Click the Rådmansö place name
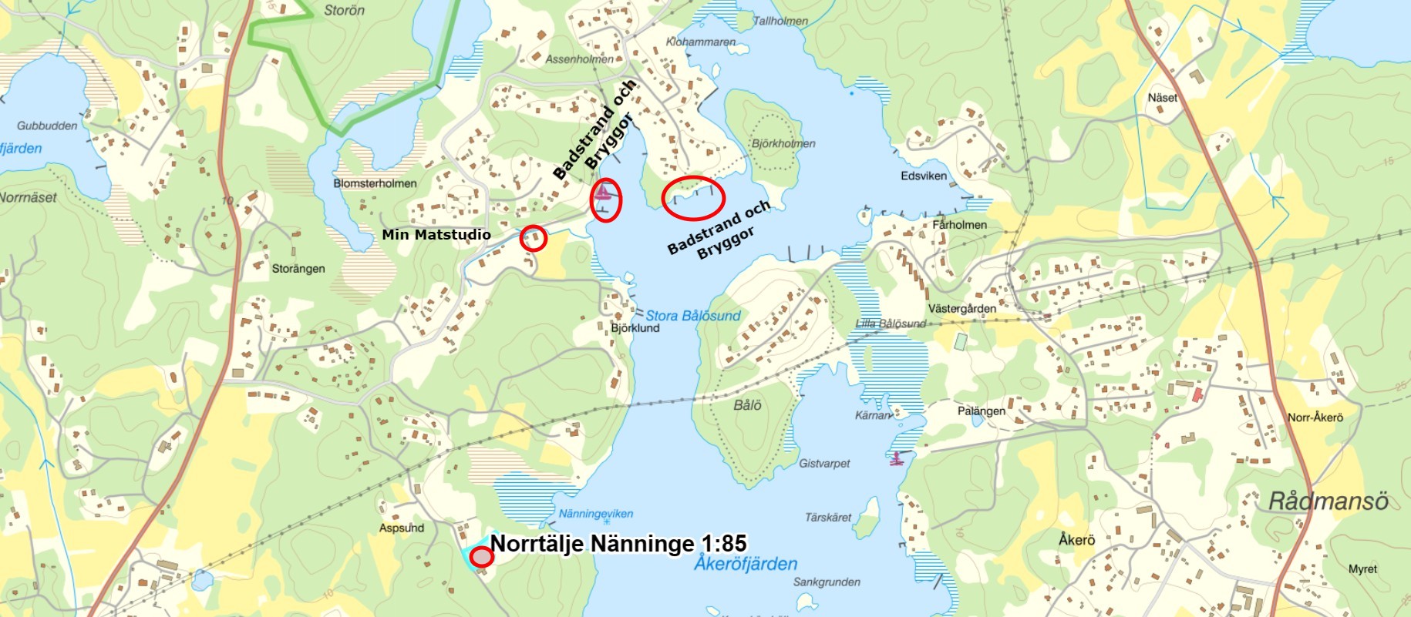(x=1328, y=501)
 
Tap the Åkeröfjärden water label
(x=746, y=564)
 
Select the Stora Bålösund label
(x=692, y=316)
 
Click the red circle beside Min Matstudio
(x=534, y=238)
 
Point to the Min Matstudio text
(x=436, y=235)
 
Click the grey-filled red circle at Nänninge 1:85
(x=482, y=556)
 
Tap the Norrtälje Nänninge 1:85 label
(x=618, y=544)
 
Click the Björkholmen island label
(x=783, y=143)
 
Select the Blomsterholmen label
(x=375, y=183)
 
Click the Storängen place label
(x=298, y=269)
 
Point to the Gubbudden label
(x=47, y=126)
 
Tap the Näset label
(x=1162, y=98)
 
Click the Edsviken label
(x=924, y=176)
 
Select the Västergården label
(x=961, y=309)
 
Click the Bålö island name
(x=747, y=405)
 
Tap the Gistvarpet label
(x=824, y=464)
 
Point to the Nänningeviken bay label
(x=595, y=514)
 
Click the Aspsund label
(x=402, y=528)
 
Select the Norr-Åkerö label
(x=1315, y=417)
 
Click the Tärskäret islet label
(x=828, y=518)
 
